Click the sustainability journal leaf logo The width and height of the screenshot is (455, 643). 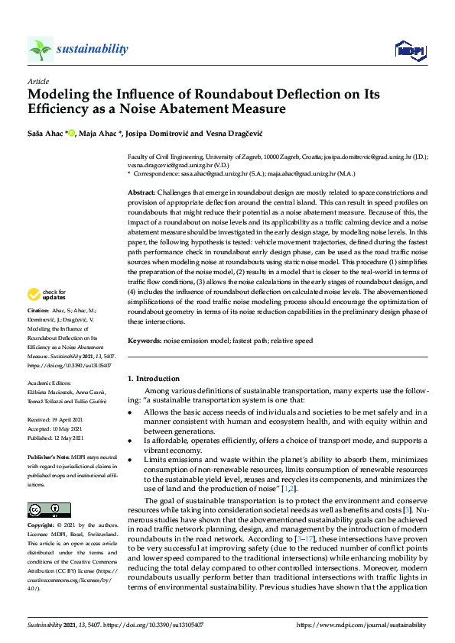click(x=40, y=50)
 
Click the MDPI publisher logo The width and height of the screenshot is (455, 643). click(x=409, y=50)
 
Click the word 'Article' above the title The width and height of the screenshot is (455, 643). click(x=37, y=81)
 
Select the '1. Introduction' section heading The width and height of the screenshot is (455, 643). click(x=154, y=378)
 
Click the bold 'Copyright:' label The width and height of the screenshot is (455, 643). click(x=41, y=526)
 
